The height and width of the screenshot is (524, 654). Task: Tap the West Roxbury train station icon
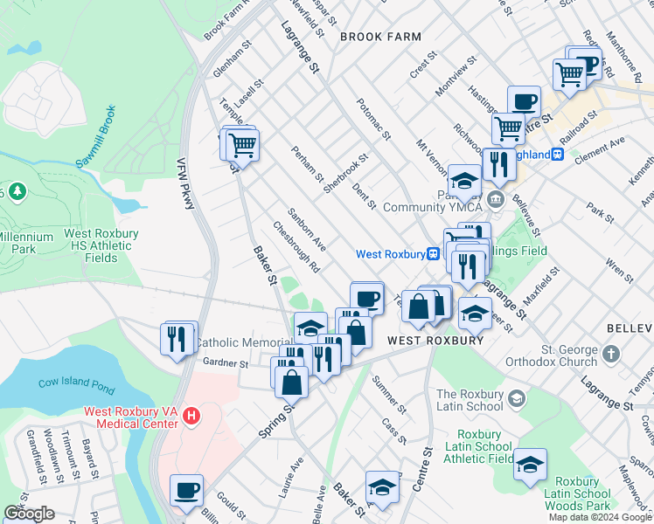(432, 254)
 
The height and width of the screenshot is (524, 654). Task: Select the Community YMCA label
(433, 207)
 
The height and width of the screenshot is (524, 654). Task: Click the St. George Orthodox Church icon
(610, 354)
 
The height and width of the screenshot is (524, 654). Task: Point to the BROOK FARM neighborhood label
(380, 37)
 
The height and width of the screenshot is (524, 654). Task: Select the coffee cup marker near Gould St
(186, 490)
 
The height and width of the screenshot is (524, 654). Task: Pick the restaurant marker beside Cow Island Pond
(177, 337)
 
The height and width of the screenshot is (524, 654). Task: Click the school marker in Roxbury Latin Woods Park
(530, 465)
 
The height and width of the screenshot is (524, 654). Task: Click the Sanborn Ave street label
(307, 229)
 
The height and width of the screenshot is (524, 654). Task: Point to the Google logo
(30, 514)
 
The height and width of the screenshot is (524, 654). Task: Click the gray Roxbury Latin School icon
(517, 399)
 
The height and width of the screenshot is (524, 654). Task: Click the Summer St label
(389, 395)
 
